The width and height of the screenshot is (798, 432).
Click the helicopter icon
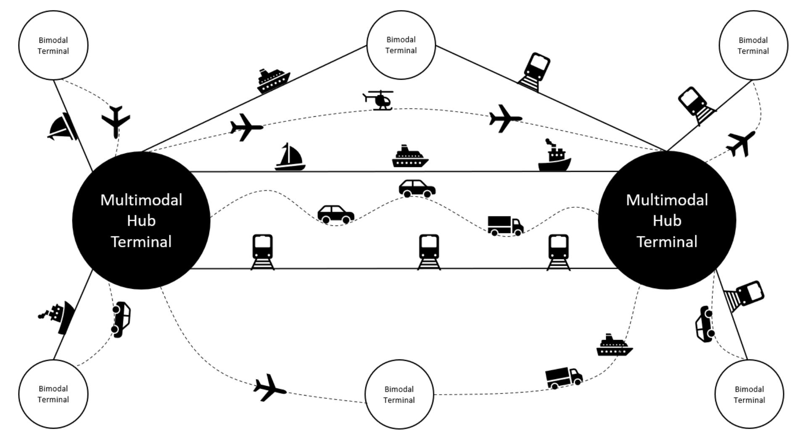coord(379,100)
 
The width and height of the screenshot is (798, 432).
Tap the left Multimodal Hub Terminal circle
coord(141,220)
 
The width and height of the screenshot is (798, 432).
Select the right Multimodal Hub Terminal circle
coord(667,220)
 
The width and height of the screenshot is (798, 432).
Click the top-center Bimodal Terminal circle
coord(401,45)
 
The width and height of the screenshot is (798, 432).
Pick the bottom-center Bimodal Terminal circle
coord(399,394)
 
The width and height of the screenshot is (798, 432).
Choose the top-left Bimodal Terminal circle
coord(53,45)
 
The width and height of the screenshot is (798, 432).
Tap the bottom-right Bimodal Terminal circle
coord(749,394)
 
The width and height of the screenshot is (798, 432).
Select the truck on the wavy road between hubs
coord(505,225)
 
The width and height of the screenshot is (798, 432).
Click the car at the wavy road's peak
coord(417,189)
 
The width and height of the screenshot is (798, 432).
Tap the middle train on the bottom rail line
coord(429,251)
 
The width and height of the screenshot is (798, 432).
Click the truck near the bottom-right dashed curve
coord(563,377)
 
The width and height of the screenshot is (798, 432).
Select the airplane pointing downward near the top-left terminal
coord(116,121)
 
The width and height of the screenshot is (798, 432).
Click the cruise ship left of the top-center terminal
coord(273,81)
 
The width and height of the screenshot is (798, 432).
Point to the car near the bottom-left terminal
coord(121,319)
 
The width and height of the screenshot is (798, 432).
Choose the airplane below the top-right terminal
coord(741,143)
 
